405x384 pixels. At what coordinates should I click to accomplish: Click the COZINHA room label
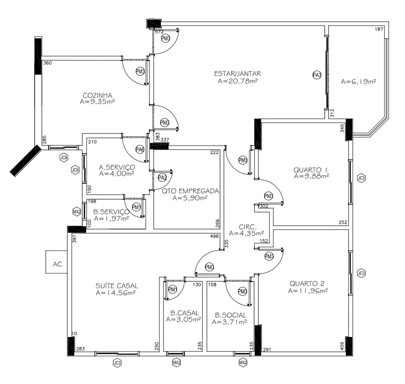(x=98, y=95)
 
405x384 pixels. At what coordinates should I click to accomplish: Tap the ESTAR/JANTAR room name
(x=238, y=73)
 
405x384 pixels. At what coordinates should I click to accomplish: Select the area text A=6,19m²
(x=358, y=82)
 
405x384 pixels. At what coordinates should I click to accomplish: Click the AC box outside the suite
(x=57, y=262)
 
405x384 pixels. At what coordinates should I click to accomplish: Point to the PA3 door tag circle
(x=317, y=75)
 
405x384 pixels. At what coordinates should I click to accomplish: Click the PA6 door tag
(x=140, y=149)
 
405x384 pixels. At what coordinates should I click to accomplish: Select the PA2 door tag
(x=162, y=178)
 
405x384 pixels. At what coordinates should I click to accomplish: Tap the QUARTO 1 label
(x=310, y=170)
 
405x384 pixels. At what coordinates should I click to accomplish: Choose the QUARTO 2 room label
(x=307, y=284)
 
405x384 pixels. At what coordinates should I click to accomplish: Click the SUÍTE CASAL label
(x=117, y=286)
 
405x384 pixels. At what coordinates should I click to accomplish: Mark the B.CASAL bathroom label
(x=184, y=313)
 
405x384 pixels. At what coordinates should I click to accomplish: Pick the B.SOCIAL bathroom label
(x=231, y=315)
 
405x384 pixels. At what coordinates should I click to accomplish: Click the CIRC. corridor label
(x=248, y=227)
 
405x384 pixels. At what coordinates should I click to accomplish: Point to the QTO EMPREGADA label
(x=190, y=191)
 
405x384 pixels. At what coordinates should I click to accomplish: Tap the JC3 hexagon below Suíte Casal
(x=117, y=363)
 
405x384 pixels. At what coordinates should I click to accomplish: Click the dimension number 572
(x=159, y=32)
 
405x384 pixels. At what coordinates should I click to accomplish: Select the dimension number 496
(x=214, y=236)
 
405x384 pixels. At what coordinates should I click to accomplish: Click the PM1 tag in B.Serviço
(x=136, y=207)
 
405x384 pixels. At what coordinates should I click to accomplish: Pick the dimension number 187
(x=379, y=29)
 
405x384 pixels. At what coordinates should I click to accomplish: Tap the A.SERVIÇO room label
(x=117, y=167)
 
